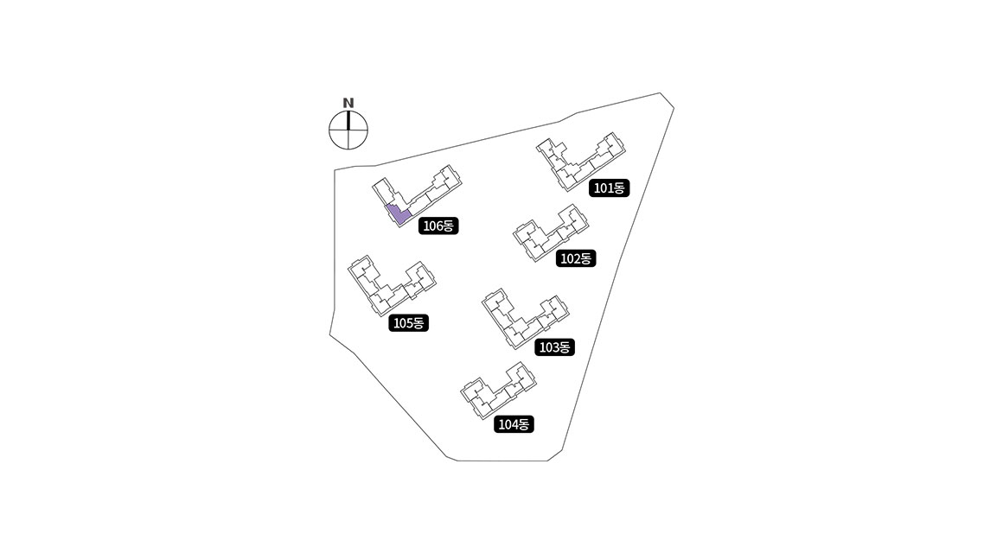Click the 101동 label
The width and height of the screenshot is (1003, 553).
coord(610,188)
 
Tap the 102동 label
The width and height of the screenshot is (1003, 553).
coord(576,257)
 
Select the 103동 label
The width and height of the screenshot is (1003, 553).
coord(553,347)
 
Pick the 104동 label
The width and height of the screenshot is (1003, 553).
coord(514,424)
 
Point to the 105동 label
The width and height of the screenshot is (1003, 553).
coord(409,323)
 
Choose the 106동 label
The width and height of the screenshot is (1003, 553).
coord(438,226)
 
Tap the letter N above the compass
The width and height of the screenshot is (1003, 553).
coord(348,103)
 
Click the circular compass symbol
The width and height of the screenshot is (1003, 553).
coord(348,131)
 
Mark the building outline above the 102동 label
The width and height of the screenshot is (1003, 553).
coord(548,232)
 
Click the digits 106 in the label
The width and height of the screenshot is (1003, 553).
coord(431,226)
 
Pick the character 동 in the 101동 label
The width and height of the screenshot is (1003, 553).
coord(621,188)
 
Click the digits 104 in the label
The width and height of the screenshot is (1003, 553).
coord(508,424)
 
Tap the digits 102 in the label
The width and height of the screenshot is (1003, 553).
coord(570,257)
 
